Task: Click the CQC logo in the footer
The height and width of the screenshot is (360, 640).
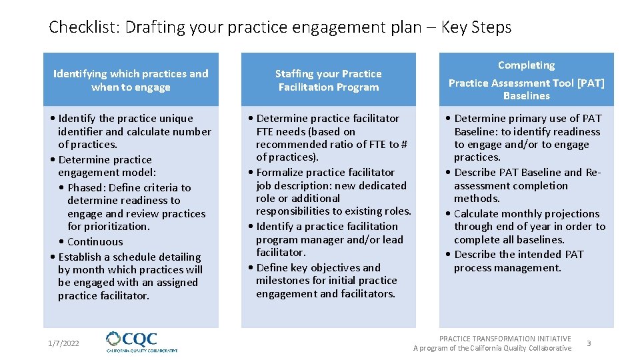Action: click(142, 342)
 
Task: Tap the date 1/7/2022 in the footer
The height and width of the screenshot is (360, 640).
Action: click(63, 343)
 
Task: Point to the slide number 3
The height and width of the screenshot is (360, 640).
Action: click(589, 343)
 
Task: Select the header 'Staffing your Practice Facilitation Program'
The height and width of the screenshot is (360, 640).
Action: click(328, 80)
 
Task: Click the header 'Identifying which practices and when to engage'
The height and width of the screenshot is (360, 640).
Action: click(131, 80)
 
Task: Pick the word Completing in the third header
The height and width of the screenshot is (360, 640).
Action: click(526, 65)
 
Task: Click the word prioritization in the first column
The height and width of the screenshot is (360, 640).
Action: click(117, 226)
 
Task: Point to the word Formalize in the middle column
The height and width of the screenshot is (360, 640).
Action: click(279, 172)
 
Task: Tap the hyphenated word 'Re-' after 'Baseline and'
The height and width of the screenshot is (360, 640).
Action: click(593, 172)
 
